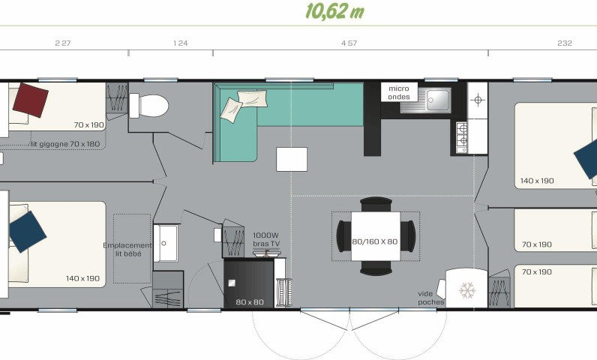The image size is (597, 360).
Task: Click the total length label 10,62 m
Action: tap(334, 11)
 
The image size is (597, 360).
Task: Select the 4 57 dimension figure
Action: tap(349, 43)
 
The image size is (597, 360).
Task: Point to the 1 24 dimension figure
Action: tap(181, 43)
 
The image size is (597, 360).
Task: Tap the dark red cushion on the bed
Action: tap(31, 100)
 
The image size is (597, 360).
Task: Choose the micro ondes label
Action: tap(399, 92)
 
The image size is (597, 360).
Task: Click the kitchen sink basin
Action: tap(438, 100)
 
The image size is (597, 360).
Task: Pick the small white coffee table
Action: tap(292, 160)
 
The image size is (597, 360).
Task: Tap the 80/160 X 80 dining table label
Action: tap(375, 241)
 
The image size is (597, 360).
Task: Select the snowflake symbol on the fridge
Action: tap(467, 290)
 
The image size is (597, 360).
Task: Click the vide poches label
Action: tap(430, 298)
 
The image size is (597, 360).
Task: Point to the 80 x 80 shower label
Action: tap(250, 302)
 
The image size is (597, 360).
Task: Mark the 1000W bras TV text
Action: tap(266, 240)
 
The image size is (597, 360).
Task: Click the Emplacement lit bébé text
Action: tap(127, 250)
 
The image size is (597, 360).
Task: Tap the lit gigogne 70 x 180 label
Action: tap(64, 144)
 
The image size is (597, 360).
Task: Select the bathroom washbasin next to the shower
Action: tap(166, 243)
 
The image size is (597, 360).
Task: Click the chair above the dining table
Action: tap(376, 204)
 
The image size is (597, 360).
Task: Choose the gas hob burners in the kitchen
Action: tap(462, 136)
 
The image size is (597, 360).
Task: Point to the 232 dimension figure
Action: tap(565, 43)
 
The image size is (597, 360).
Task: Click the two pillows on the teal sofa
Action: tap(244, 106)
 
